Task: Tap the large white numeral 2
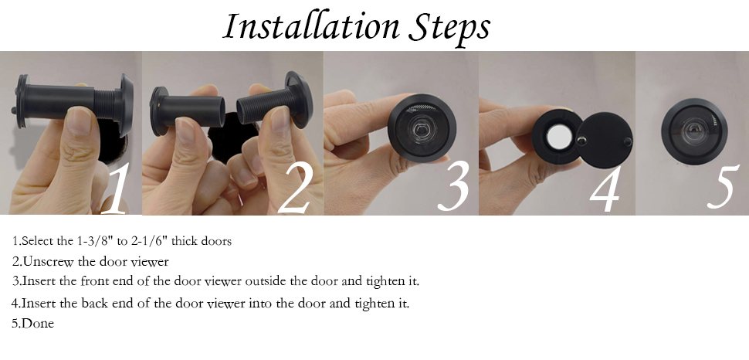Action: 295,188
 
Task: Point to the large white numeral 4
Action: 605,188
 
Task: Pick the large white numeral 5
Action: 723,185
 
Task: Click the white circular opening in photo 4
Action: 558,137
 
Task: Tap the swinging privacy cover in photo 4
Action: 605,141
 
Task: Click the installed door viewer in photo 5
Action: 694,131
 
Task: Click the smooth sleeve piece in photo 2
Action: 187,111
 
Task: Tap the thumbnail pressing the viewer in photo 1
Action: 78,120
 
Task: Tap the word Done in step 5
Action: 38,324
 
